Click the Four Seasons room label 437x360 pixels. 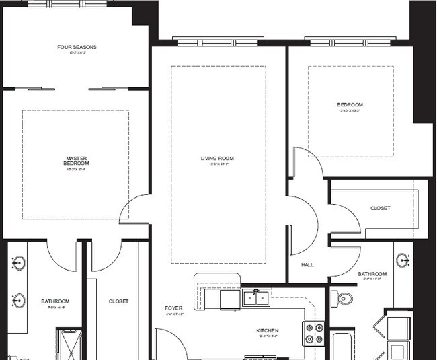[x=77, y=47]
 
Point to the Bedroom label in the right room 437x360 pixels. [x=350, y=104]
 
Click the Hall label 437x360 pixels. [x=307, y=265]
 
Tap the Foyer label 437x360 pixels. [x=173, y=308]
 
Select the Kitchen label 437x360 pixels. [x=267, y=331]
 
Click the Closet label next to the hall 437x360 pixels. [x=380, y=209]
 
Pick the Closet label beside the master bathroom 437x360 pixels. [x=118, y=301]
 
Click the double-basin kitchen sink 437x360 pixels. [x=256, y=297]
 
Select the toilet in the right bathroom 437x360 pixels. [x=345, y=297]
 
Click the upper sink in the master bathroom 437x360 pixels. [x=19, y=262]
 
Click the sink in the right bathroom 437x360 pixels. [x=404, y=260]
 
